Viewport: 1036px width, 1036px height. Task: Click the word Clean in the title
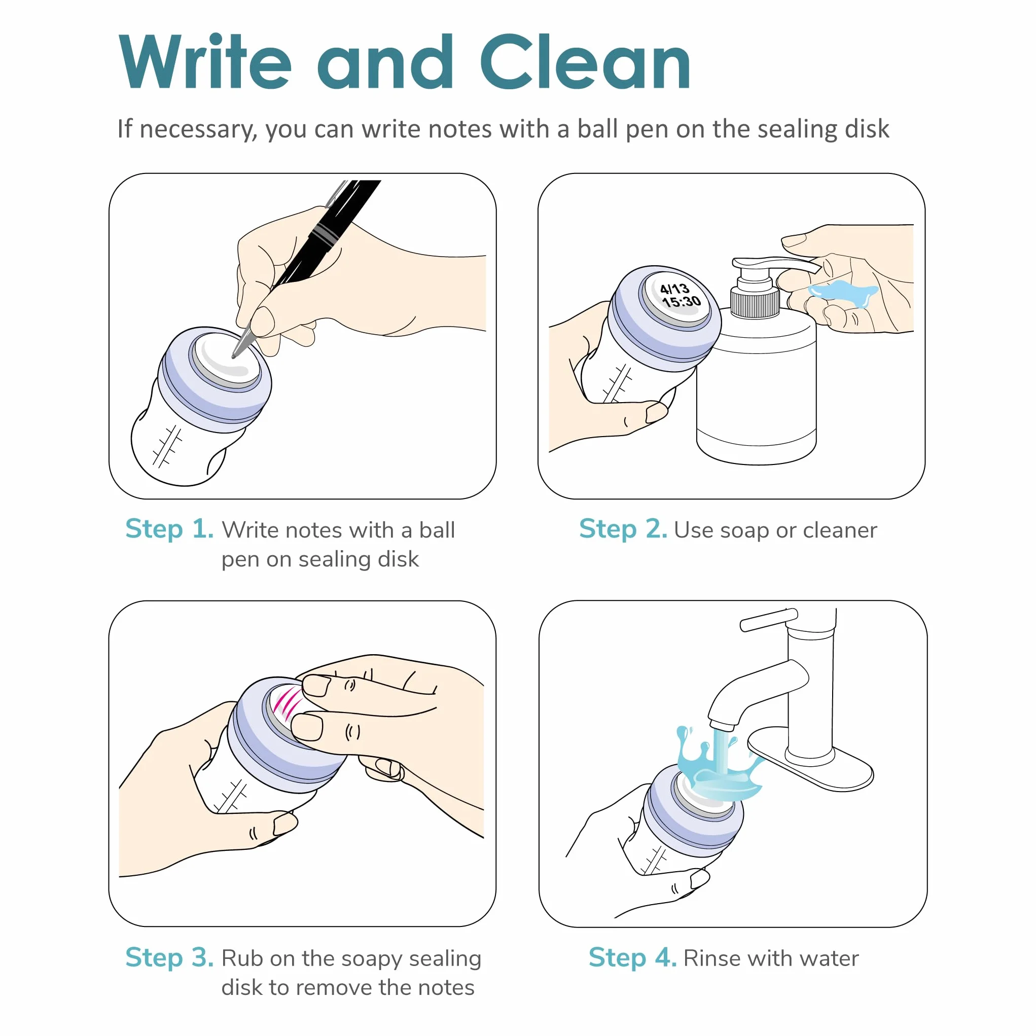585,61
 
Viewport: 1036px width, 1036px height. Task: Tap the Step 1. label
169,529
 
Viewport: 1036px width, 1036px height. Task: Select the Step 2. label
623,529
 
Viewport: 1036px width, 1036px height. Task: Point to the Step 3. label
169,958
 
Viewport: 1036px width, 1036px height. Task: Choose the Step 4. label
633,958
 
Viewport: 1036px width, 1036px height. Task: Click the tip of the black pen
234,356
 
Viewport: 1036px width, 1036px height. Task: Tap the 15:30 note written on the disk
682,302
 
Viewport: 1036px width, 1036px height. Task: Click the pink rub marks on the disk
288,703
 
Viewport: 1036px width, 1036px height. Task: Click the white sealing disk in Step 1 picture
226,358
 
